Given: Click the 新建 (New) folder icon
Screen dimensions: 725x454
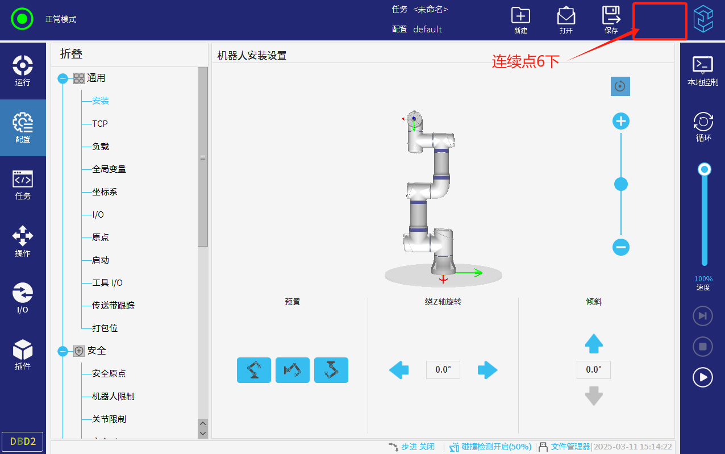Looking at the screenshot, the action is pos(520,15).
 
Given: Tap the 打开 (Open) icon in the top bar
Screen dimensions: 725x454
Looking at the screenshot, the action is pos(566,15).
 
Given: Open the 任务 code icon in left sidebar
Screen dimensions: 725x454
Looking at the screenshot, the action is pos(23,179).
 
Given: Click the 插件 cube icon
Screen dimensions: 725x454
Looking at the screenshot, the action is pos(23,349).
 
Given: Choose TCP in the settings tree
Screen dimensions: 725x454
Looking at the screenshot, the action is pos(99,124).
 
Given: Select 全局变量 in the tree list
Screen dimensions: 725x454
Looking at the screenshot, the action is pos(109,169).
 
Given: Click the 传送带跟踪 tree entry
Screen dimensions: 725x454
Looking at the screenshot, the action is pos(113,305).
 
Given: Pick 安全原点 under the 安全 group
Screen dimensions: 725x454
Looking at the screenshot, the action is pos(109,373).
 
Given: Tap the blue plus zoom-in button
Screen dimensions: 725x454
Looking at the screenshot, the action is pos(621,122).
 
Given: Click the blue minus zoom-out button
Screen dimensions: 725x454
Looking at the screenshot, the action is pos(621,247).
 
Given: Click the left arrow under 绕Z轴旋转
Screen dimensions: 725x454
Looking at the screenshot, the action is pos(399,370).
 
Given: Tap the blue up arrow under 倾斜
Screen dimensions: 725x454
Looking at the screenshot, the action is pos(594,343).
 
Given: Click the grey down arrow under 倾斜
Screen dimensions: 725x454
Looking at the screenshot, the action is pos(594,395).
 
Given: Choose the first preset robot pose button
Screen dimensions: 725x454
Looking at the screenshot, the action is pos(254,370).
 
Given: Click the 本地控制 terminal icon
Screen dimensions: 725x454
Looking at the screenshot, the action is pos(703,65).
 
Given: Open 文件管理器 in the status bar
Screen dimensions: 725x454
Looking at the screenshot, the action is pos(570,447).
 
